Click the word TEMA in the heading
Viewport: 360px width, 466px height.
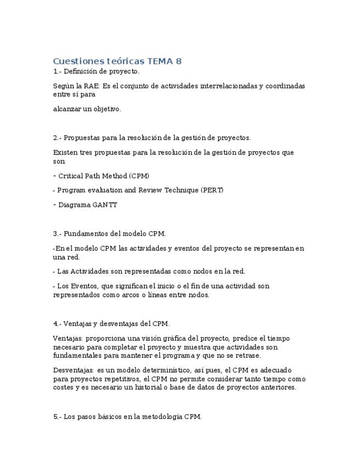[x=160, y=61]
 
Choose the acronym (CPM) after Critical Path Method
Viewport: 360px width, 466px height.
[x=139, y=176]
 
